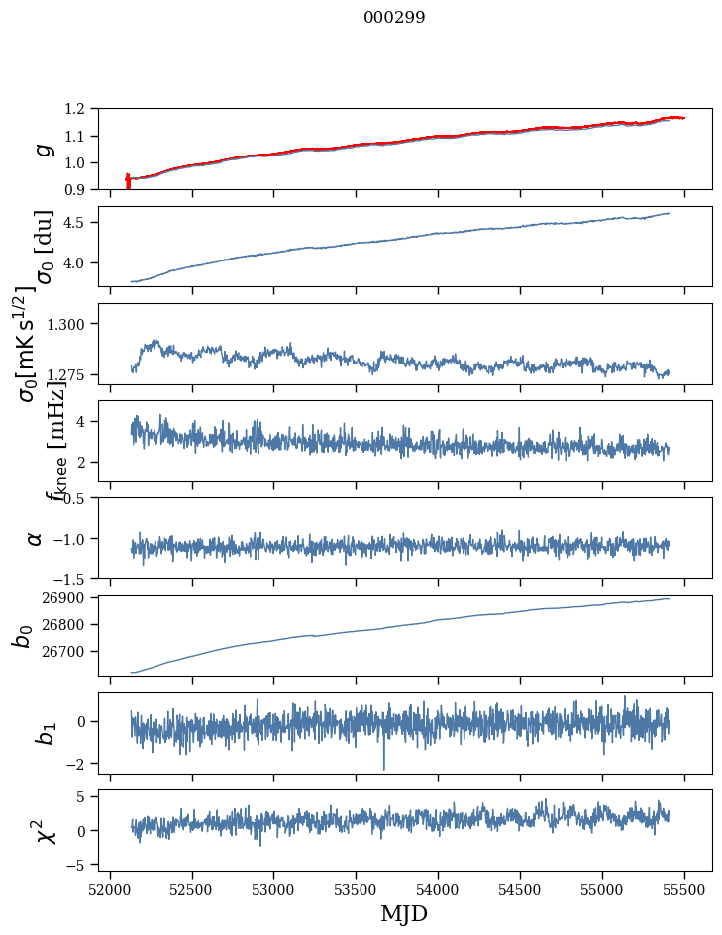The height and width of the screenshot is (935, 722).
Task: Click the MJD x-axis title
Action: [404, 913]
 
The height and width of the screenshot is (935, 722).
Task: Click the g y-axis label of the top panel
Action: [41, 149]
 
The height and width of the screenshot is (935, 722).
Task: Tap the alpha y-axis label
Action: [35, 538]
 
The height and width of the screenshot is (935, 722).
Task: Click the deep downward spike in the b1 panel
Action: [384, 767]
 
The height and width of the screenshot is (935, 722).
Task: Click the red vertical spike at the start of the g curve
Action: [128, 181]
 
